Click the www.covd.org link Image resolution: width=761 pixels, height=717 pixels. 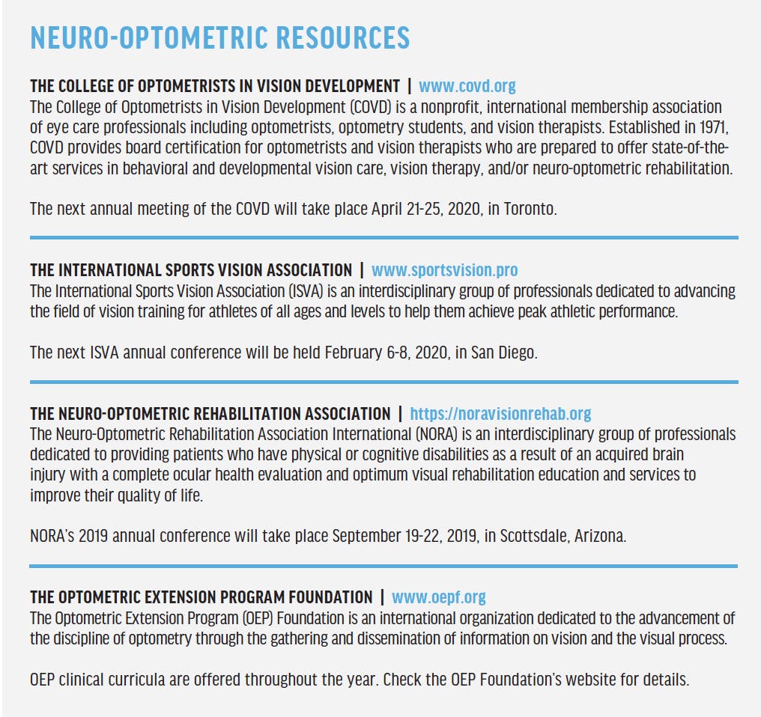coord(467,86)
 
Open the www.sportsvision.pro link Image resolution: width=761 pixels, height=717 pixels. coord(444,270)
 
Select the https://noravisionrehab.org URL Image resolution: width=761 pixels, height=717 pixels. coord(500,414)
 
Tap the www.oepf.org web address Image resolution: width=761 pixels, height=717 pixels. coord(438,597)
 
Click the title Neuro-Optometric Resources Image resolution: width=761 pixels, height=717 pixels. coord(219,37)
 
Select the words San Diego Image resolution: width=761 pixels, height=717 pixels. coord(504,353)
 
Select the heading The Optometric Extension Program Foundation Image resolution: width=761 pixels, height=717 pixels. coord(201,597)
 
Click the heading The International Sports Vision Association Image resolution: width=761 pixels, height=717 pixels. coord(190,270)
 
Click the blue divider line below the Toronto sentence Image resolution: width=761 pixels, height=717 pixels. coord(383,237)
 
